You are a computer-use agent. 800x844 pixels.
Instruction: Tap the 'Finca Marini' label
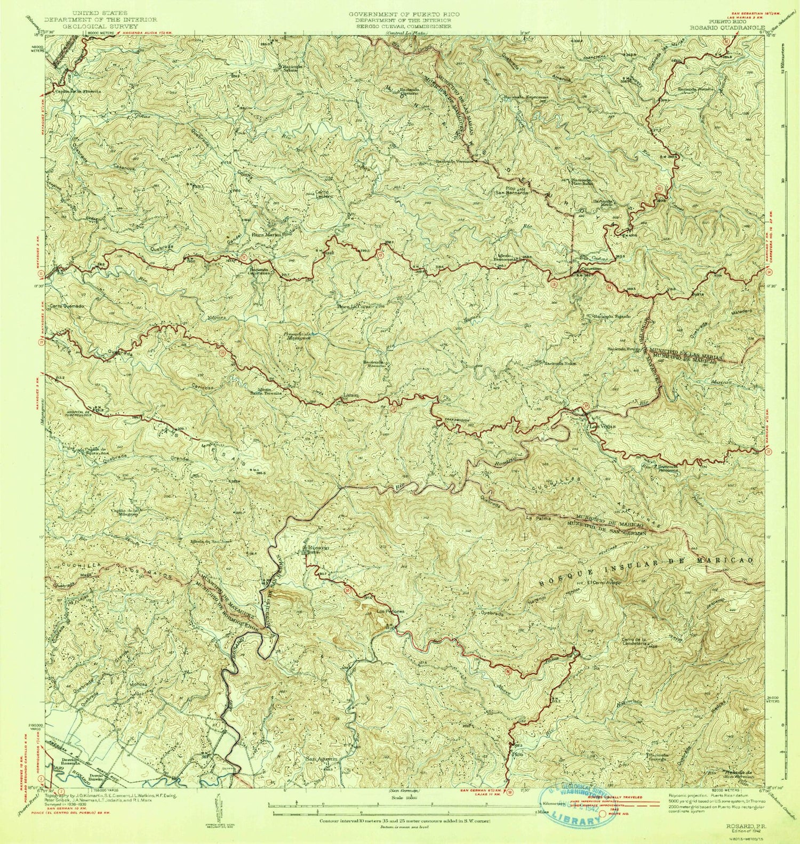pos(267,233)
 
